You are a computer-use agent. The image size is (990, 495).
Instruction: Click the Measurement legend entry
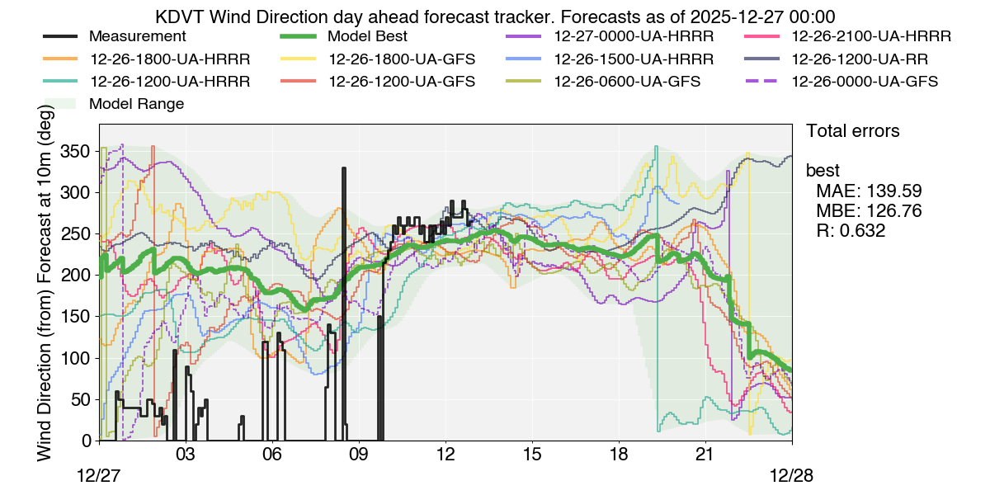(137, 37)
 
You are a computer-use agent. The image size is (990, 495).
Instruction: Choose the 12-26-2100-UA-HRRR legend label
(871, 37)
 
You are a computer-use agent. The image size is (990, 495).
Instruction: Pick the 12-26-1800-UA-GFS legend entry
(402, 59)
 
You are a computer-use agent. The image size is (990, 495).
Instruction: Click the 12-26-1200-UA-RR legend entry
(860, 59)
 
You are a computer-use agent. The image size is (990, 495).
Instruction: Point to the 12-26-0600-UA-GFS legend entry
(627, 82)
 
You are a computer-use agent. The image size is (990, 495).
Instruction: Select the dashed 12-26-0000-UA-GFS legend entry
(865, 82)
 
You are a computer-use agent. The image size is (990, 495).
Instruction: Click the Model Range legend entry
(136, 104)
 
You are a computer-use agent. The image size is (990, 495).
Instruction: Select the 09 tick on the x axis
(358, 455)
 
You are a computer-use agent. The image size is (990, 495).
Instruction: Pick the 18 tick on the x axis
(618, 455)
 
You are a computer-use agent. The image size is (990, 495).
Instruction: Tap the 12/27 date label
(99, 477)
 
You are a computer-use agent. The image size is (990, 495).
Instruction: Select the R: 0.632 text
(851, 231)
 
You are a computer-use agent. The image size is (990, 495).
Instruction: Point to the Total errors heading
(852, 131)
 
